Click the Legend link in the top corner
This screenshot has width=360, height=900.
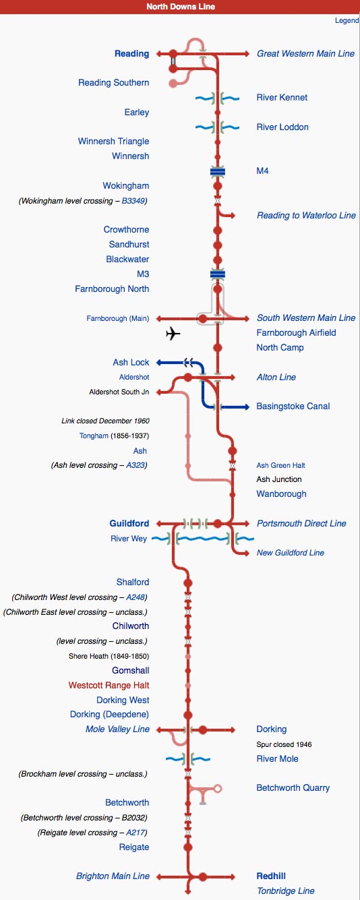coord(347,20)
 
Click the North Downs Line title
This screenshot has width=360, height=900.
coord(181,7)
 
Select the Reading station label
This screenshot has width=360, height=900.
coord(131,53)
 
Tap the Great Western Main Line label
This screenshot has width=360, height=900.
coord(305,53)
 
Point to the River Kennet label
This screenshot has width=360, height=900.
coord(282,97)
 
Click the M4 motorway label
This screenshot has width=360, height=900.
coord(262,171)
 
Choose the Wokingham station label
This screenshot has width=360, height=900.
coord(126,185)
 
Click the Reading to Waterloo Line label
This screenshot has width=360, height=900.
coord(306,215)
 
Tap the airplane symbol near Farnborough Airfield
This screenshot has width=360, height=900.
coord(173,334)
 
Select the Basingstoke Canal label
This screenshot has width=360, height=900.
coord(293,407)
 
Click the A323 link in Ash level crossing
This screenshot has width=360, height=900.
coord(136,465)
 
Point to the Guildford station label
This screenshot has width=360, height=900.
coord(129,523)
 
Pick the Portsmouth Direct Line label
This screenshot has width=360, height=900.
coord(301,523)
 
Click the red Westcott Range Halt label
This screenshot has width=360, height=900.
coord(109,685)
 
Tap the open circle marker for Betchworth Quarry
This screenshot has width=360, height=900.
coord(217,788)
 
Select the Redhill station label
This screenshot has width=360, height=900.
coord(271,876)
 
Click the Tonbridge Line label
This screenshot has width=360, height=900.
coord(285,891)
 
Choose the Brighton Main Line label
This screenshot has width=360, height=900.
coord(113,876)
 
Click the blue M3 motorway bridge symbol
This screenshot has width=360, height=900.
coord(217,274)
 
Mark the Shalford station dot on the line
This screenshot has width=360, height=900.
coord(187,582)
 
